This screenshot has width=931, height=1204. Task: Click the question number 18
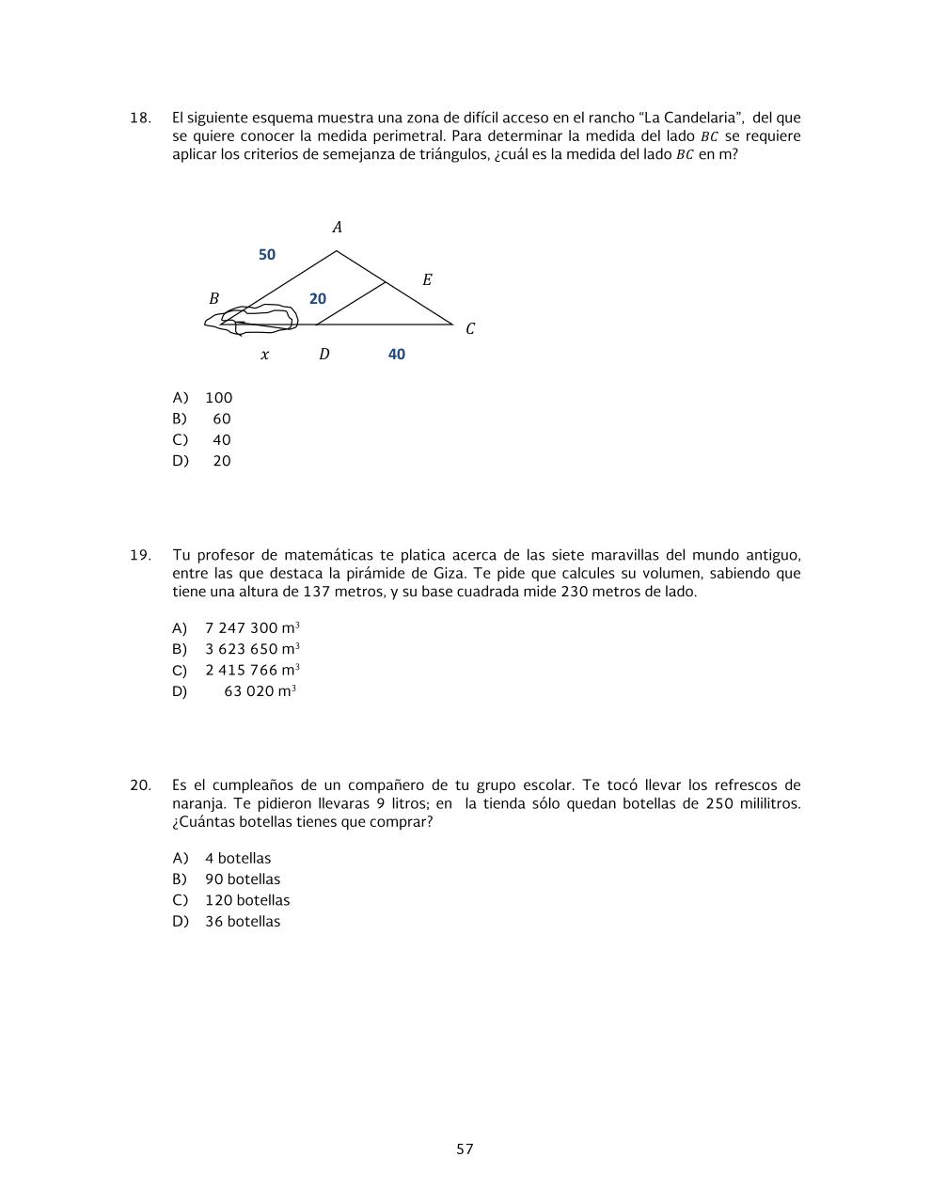click(x=139, y=118)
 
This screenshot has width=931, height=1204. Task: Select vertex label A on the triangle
click(x=337, y=227)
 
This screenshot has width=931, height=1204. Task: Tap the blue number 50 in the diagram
click(x=267, y=255)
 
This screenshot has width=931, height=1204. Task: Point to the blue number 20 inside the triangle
click(x=318, y=298)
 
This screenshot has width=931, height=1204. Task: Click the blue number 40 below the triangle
click(x=396, y=355)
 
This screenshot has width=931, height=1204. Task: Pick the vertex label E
click(x=427, y=280)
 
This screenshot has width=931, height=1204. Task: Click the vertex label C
click(x=470, y=328)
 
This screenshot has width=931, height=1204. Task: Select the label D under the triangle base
click(x=323, y=355)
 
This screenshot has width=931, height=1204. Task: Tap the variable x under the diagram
click(x=264, y=355)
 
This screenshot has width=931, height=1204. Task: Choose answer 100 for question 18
click(x=218, y=398)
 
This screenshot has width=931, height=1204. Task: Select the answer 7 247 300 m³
click(x=251, y=628)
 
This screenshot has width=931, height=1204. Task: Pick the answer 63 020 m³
click(x=260, y=691)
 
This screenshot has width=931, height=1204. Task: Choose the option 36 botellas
click(x=242, y=922)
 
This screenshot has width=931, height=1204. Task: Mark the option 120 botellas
click(x=246, y=900)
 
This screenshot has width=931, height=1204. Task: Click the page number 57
click(x=465, y=1149)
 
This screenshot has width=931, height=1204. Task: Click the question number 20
click(x=140, y=785)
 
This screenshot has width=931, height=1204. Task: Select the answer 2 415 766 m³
click(x=251, y=671)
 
